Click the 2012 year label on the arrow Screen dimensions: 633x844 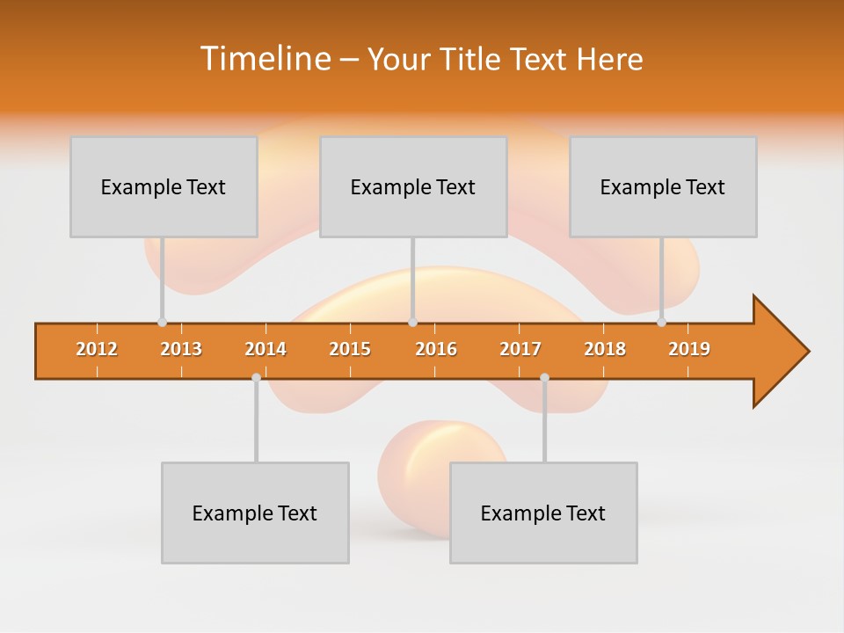97,349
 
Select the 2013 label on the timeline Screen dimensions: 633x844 181,349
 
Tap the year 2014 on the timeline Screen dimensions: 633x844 266,349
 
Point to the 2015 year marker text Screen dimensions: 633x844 350,349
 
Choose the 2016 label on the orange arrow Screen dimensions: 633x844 436,349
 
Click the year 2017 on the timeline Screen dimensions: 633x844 520,349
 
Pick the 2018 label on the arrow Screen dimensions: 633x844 605,349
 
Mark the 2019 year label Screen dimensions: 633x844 689,349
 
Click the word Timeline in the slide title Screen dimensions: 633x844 264,59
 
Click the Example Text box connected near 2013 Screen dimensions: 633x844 164,186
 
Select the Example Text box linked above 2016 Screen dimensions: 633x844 413,186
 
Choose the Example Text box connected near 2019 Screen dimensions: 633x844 663,186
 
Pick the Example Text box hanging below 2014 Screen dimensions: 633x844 255,513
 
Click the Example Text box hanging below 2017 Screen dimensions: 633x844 543,513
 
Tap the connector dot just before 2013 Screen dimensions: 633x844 162,323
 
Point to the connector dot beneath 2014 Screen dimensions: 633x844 256,377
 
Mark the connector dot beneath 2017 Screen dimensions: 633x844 544,377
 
